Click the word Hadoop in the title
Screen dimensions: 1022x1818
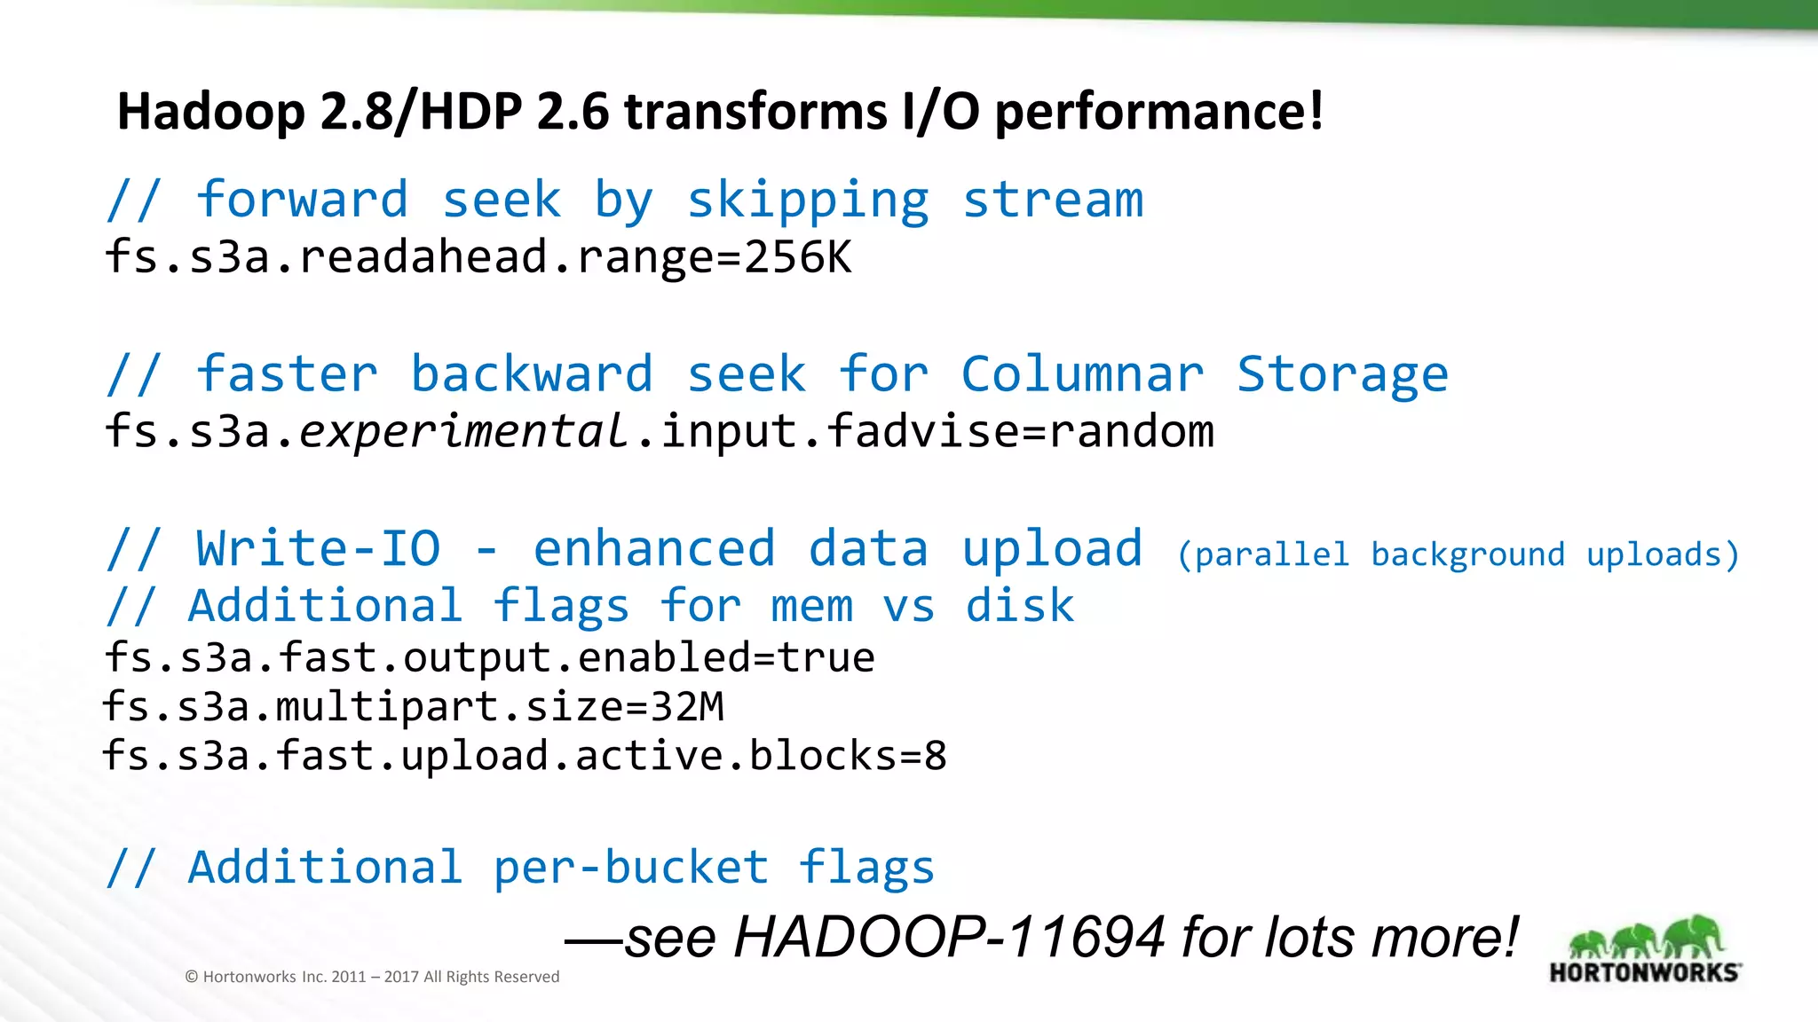click(210, 113)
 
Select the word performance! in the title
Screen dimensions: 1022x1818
click(1158, 113)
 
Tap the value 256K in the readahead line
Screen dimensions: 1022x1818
click(798, 257)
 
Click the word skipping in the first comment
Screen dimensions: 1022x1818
click(808, 200)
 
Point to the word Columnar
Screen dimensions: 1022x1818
click(1082, 374)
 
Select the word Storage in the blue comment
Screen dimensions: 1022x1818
click(1342, 374)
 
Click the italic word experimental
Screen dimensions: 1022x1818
click(463, 432)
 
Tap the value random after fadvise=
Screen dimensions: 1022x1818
click(1131, 432)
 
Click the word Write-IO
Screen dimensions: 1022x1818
click(318, 548)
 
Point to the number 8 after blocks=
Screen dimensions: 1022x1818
click(936, 756)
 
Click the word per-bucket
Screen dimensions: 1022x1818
click(630, 867)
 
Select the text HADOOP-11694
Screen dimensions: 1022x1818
click(949, 938)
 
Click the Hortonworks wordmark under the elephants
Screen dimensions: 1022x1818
click(1645, 972)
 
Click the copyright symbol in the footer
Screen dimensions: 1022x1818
click(191, 977)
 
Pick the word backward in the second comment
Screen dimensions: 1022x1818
click(531, 374)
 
